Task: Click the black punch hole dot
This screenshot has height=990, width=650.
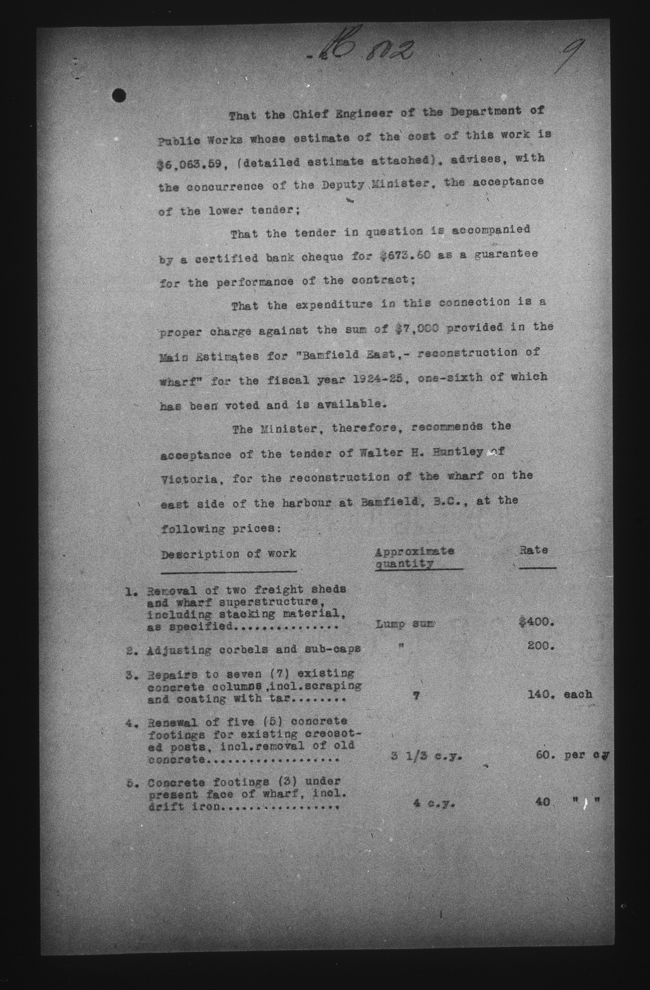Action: pos(120,96)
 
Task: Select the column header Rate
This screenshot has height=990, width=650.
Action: pos(534,550)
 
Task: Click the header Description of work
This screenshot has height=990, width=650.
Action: pos(229,554)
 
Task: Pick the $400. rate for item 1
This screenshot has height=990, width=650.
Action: pos(536,623)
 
